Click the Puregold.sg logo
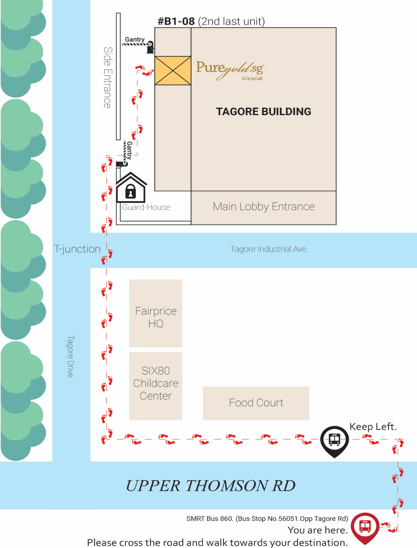230,70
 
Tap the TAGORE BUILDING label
264,112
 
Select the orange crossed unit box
173,70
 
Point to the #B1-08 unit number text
176,21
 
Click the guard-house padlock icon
130,191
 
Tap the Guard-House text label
146,207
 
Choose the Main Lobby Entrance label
264,207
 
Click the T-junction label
77,249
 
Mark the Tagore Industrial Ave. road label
269,249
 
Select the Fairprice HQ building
156,313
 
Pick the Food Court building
256,403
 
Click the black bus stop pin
334,440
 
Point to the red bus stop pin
365,527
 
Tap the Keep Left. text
373,427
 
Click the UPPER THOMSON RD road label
210,486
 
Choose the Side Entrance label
108,78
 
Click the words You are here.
318,530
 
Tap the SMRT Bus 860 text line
267,519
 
